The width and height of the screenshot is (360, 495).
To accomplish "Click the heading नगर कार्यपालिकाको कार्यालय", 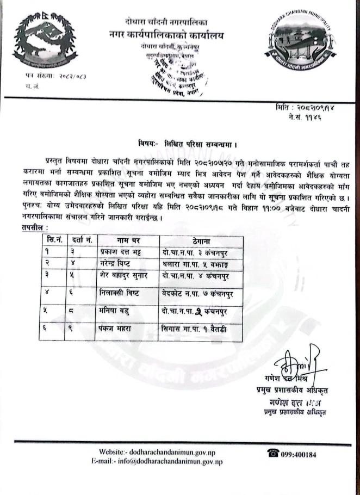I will [x=165, y=35].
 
